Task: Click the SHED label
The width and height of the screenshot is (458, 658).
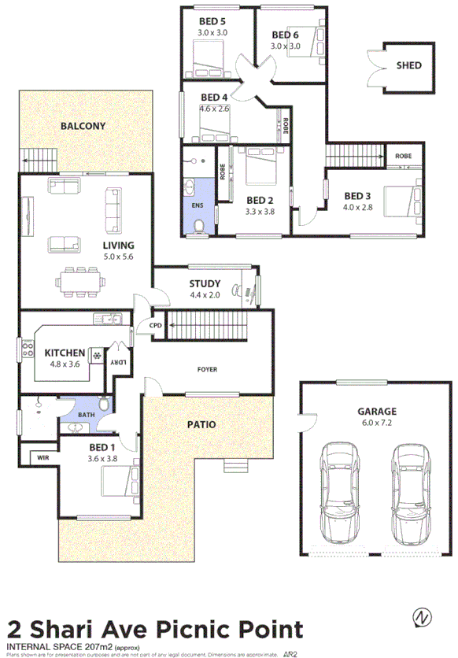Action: [408, 66]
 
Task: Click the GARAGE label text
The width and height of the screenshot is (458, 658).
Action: [377, 411]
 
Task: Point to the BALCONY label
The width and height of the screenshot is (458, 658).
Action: [83, 126]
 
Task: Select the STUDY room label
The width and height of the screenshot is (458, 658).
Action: [205, 284]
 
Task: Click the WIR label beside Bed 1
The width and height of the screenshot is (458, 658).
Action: [39, 456]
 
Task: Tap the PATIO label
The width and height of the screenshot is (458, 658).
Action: [201, 424]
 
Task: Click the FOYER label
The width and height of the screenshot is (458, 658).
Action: [206, 369]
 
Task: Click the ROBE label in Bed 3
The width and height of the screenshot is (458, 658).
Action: [403, 157]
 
